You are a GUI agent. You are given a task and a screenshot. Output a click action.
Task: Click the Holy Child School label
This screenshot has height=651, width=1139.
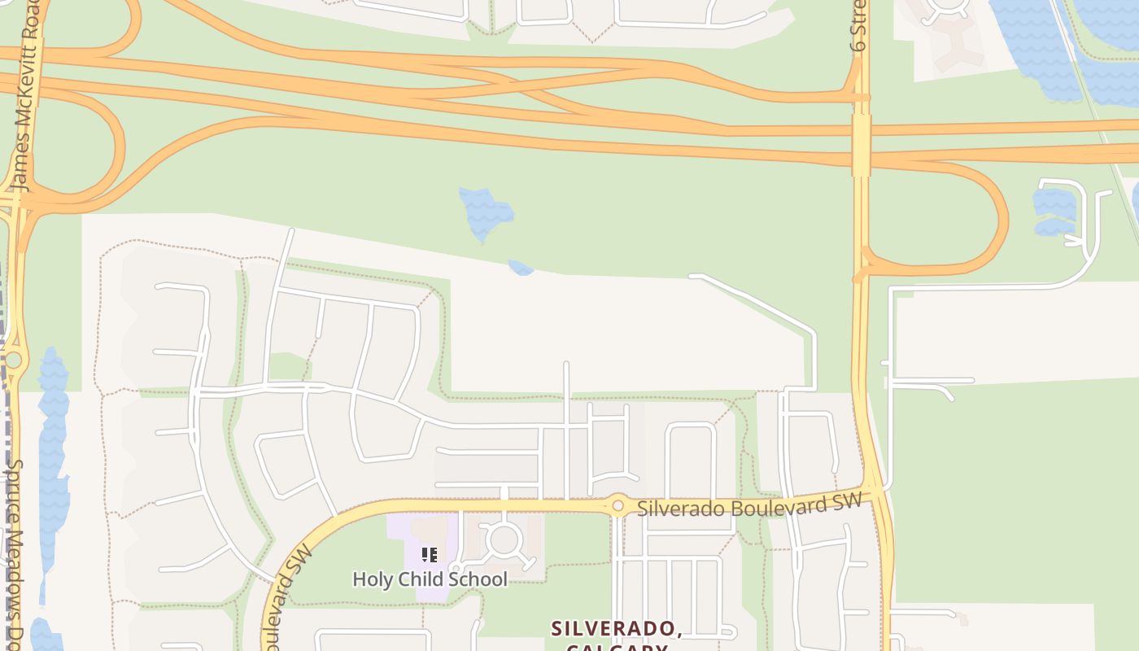click(430, 579)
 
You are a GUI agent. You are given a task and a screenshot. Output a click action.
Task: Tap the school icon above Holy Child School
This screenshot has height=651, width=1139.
click(430, 555)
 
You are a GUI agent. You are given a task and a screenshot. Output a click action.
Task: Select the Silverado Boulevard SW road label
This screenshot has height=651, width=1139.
click(748, 506)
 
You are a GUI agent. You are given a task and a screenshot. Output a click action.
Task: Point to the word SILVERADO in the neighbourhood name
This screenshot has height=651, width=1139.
click(614, 628)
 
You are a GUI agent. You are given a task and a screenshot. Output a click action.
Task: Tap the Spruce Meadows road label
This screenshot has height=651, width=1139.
click(15, 553)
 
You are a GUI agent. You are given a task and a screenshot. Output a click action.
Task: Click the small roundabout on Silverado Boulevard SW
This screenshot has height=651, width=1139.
click(618, 506)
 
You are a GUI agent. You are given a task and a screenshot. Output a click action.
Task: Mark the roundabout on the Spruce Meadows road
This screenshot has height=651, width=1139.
click(13, 360)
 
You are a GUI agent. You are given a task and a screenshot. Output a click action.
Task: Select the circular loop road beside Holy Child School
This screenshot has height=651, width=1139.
click(504, 540)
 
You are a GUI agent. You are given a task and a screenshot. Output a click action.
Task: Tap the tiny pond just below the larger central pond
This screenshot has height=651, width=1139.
click(520, 267)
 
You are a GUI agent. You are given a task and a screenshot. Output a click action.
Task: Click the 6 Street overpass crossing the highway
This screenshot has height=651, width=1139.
click(862, 145)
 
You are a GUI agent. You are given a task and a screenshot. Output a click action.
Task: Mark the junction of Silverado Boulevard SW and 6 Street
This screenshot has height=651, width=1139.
click(876, 492)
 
